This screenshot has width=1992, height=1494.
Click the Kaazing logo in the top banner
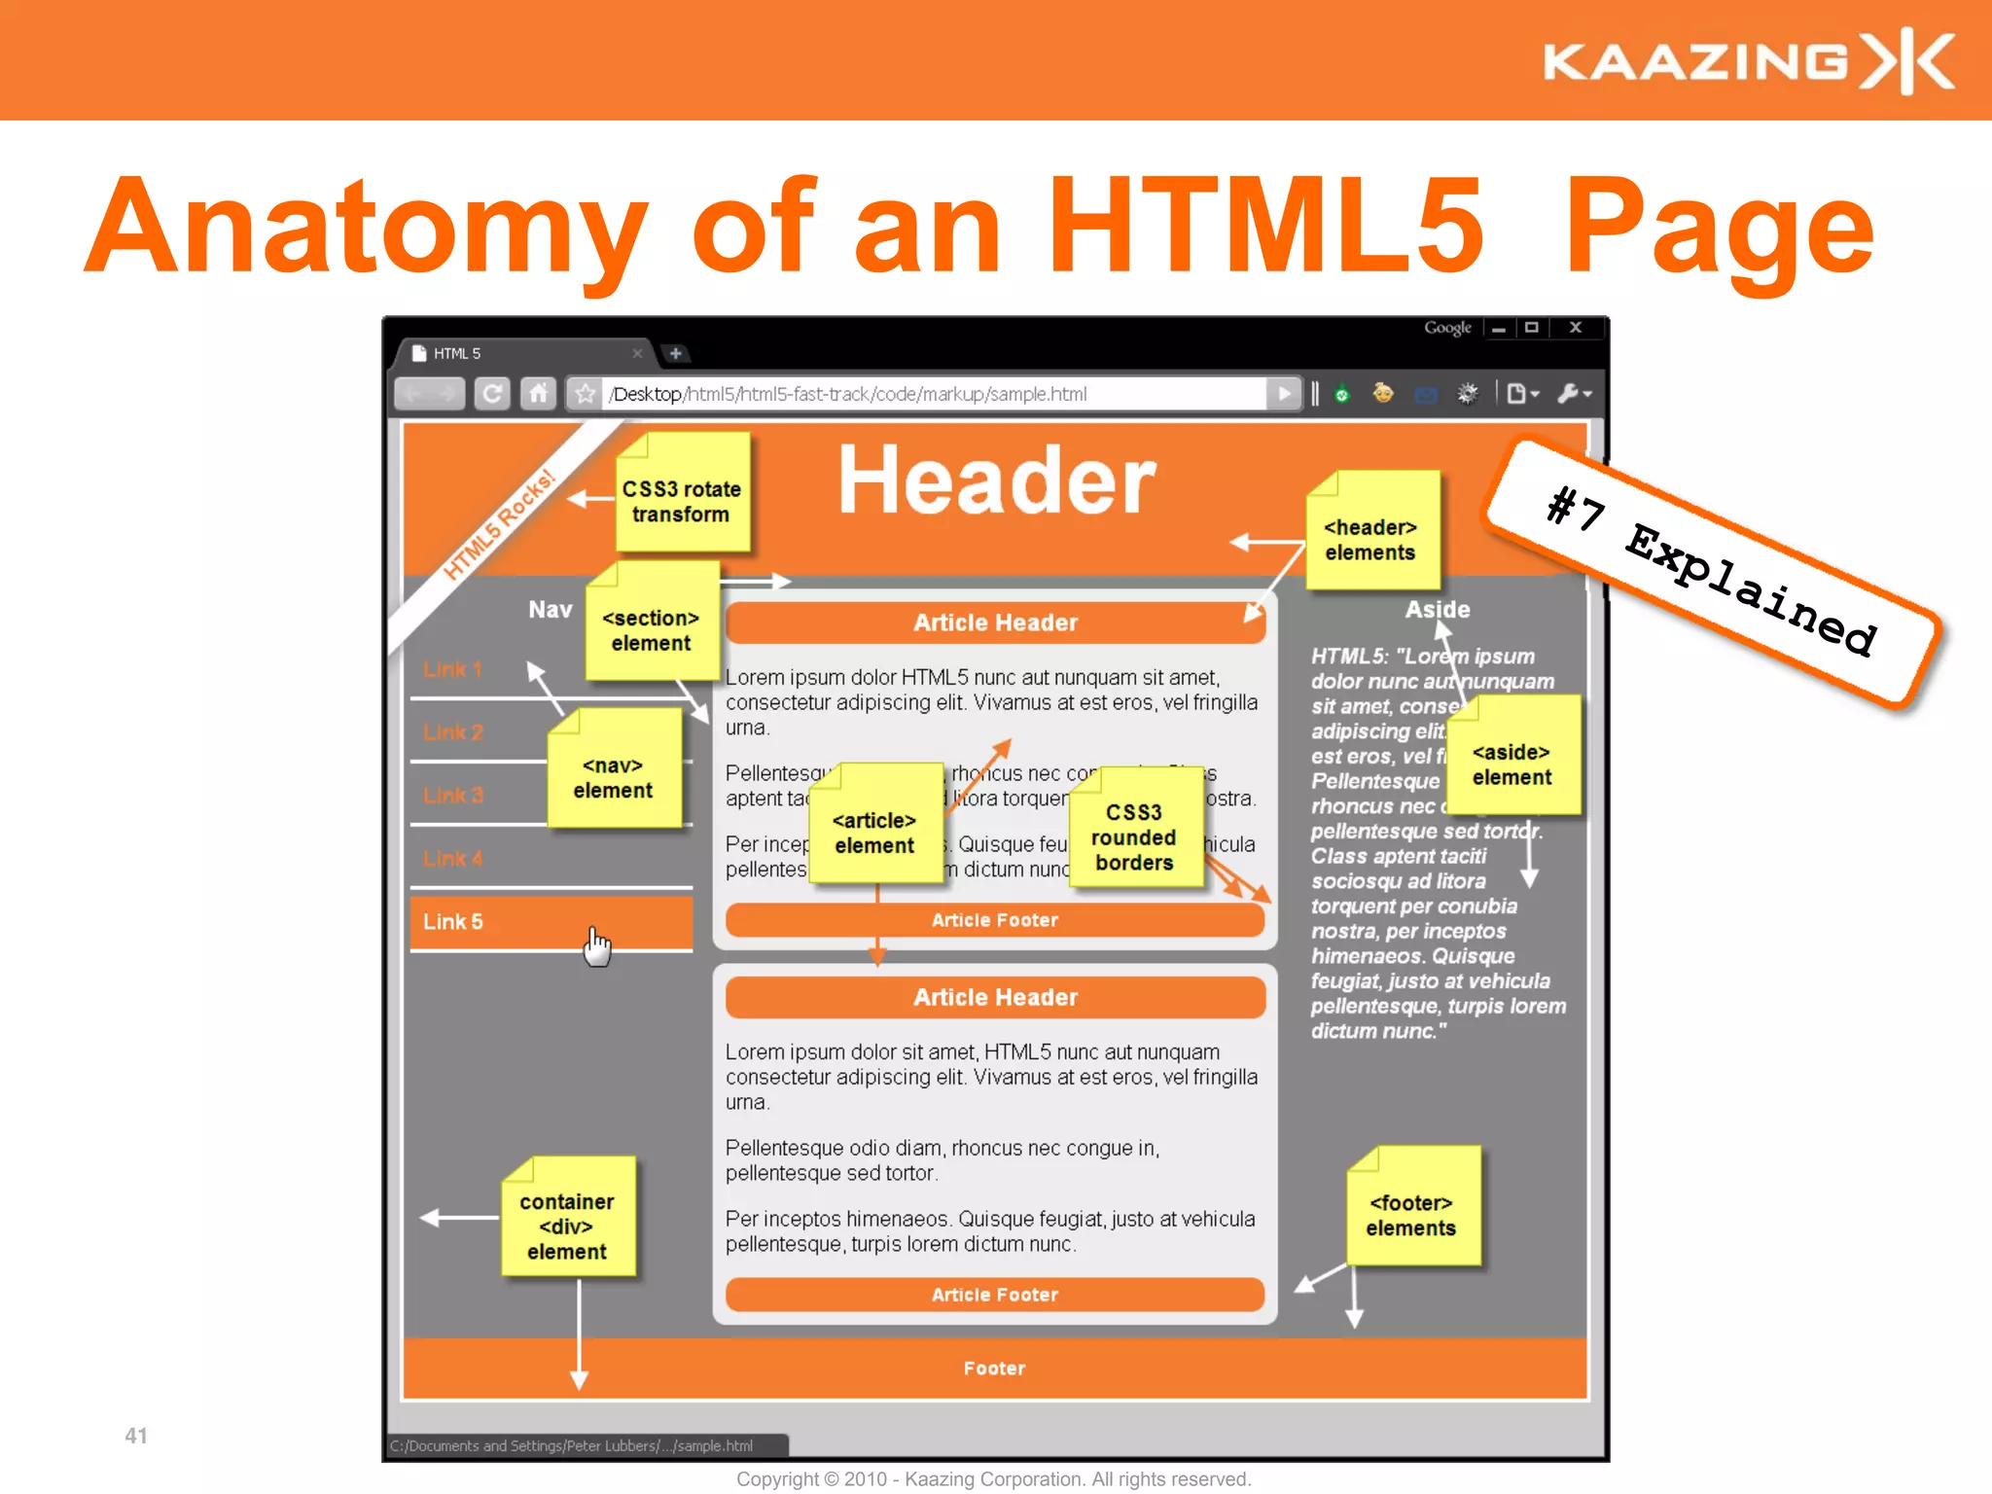[x=1747, y=60]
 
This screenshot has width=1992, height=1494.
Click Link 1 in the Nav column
[x=452, y=669]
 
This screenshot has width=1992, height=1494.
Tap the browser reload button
[x=492, y=394]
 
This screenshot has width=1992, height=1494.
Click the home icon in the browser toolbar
[x=538, y=394]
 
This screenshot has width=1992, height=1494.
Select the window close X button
[x=1576, y=328]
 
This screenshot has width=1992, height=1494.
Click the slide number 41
[x=136, y=1436]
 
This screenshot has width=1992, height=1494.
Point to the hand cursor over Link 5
[x=597, y=946]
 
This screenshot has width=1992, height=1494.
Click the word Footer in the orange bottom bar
[x=994, y=1369]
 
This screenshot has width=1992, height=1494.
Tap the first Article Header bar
[x=994, y=622]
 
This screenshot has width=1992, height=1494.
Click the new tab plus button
[x=676, y=353]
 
